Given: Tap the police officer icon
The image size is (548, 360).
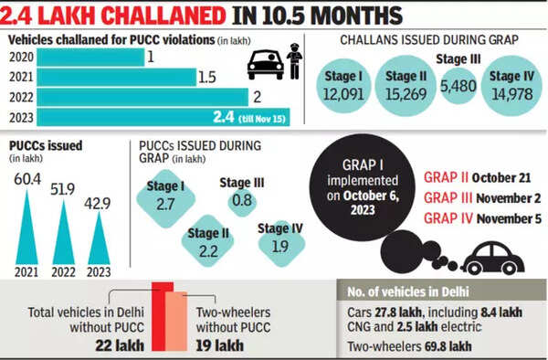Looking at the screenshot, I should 296,68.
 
